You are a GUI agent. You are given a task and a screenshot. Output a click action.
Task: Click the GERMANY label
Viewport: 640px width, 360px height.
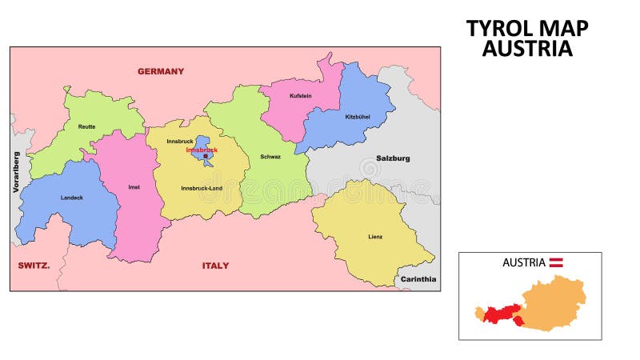(161, 71)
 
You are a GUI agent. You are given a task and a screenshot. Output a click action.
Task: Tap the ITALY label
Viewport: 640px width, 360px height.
(215, 266)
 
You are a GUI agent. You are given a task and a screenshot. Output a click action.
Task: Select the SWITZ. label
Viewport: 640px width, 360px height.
(34, 265)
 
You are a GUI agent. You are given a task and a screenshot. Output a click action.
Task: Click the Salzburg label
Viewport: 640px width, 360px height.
(393, 158)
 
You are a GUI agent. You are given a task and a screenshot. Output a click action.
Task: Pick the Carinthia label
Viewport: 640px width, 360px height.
(418, 279)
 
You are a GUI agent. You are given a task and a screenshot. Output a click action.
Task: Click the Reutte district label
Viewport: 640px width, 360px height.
(86, 126)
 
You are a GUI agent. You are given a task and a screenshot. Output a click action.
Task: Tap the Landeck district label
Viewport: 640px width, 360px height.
(71, 197)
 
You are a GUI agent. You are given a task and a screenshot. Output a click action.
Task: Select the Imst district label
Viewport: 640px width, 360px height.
(134, 187)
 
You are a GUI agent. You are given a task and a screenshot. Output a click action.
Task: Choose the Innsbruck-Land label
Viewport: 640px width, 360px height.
(202, 188)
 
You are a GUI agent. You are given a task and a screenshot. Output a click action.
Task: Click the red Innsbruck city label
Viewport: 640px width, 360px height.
(202, 150)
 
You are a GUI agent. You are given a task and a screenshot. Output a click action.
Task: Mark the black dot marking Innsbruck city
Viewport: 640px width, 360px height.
(206, 156)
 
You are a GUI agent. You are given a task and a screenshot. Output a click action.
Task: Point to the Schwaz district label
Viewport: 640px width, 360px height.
(270, 157)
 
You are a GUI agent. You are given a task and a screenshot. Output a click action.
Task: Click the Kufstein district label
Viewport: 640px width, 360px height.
(301, 96)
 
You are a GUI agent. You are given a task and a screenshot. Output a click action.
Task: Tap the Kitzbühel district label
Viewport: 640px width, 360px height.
(358, 117)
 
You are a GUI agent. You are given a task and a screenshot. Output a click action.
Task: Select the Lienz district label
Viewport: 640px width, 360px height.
(375, 237)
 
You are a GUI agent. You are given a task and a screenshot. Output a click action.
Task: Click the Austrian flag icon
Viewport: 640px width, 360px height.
(556, 262)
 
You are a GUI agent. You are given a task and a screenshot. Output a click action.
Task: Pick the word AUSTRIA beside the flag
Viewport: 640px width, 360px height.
(524, 262)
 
